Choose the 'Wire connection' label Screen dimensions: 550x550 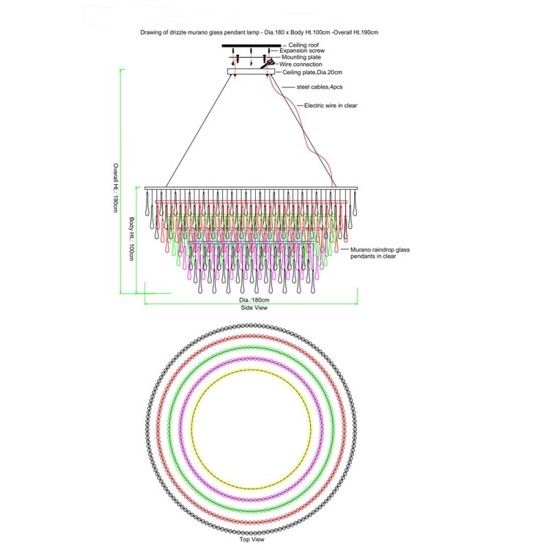[300, 64]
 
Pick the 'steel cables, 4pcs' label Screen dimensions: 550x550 [320, 87]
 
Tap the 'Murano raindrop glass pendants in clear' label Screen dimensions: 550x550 [380, 253]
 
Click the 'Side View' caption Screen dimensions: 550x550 [254, 308]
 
